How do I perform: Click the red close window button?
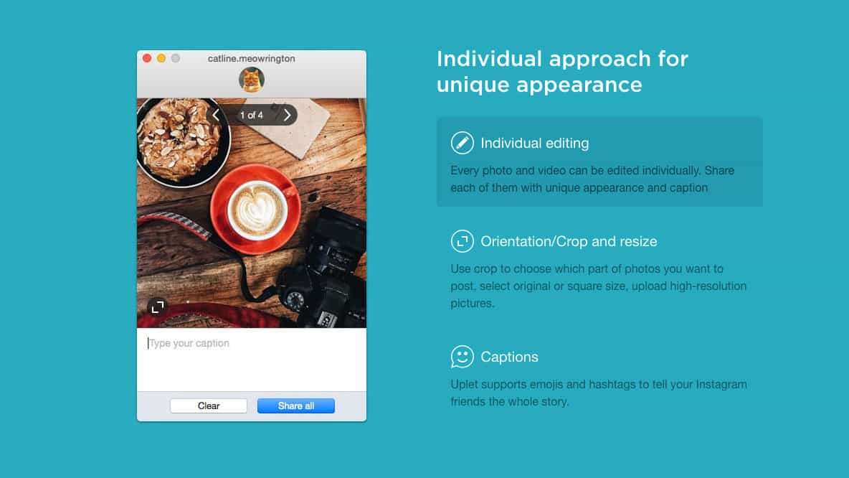147,58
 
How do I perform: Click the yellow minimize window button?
161,58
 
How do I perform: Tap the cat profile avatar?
252,80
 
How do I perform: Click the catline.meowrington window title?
251,59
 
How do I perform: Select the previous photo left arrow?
216,115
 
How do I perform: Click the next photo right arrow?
288,115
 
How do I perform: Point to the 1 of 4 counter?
252,116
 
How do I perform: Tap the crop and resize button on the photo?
158,307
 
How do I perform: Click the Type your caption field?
251,359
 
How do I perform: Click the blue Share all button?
295,406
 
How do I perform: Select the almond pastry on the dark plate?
179,140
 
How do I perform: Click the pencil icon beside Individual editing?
462,143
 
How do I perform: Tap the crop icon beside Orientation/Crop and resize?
462,241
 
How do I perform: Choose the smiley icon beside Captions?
462,357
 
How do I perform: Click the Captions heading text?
510,357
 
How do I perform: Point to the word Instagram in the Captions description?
721,384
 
